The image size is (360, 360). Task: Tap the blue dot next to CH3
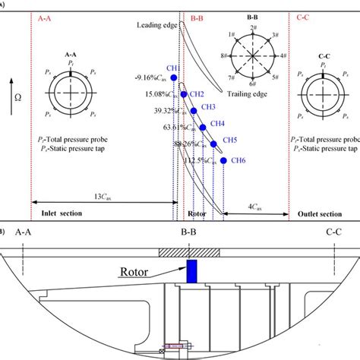(x=194, y=110)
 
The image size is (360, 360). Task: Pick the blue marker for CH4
(x=203, y=126)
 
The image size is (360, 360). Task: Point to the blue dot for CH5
(x=213, y=143)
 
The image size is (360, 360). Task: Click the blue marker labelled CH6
(x=223, y=160)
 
